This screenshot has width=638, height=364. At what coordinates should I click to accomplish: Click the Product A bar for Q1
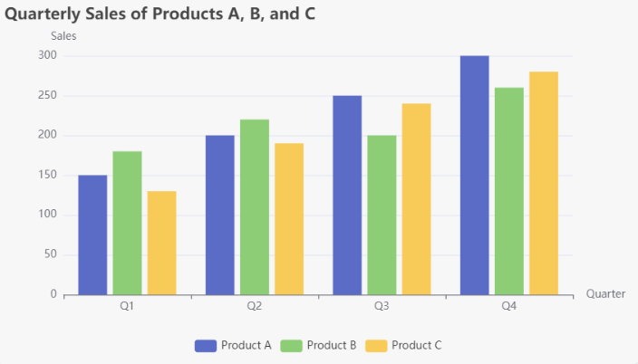92,235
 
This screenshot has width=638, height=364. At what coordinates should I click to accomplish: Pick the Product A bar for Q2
219,215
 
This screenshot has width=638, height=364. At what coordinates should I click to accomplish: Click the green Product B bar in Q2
254,206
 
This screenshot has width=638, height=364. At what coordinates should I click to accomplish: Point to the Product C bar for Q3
416,198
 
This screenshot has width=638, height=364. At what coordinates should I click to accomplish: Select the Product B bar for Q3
382,215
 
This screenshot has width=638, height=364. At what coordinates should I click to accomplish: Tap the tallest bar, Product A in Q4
474,175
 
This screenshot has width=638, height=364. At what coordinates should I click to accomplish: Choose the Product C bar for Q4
543,183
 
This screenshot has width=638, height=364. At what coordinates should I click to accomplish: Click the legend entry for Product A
233,345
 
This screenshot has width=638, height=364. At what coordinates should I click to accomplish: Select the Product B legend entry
318,345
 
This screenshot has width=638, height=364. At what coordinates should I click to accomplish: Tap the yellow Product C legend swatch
376,345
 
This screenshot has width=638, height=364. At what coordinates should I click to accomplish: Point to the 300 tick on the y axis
47,56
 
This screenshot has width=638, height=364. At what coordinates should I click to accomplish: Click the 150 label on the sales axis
47,175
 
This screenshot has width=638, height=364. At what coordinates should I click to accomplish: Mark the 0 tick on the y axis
53,294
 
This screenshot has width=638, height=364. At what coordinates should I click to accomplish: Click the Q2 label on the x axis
255,307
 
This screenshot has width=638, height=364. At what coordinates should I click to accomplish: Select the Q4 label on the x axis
509,307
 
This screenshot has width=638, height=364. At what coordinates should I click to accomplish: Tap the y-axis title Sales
63,36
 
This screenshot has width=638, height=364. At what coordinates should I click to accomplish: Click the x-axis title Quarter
605,294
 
